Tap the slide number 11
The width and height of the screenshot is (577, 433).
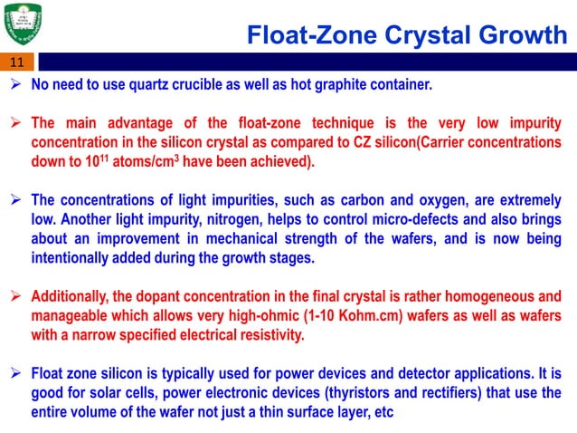(17, 63)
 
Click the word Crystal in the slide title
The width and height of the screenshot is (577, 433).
(426, 36)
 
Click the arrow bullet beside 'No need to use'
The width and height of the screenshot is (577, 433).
(17, 87)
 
